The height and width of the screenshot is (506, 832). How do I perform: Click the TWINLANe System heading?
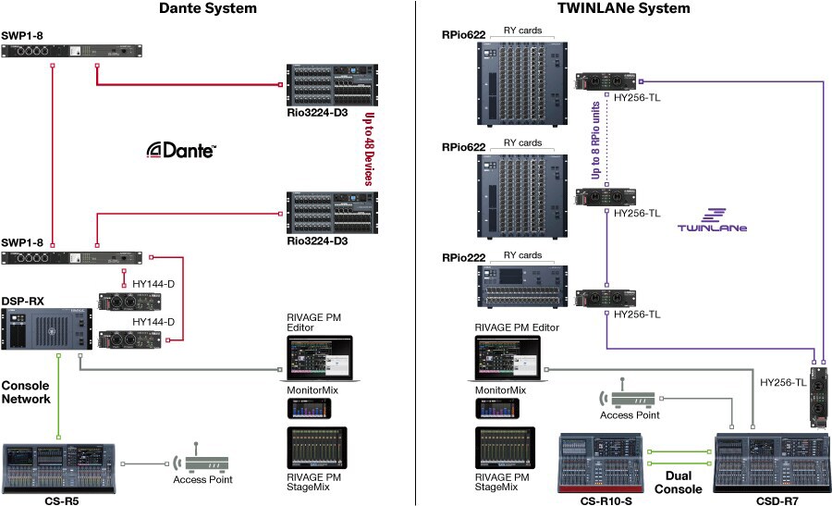pos(624,8)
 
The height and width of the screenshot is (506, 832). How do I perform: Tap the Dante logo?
pos(182,151)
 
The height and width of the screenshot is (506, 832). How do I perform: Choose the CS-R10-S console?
pos(606,462)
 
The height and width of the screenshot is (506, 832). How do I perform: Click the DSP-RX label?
pos(21,302)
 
